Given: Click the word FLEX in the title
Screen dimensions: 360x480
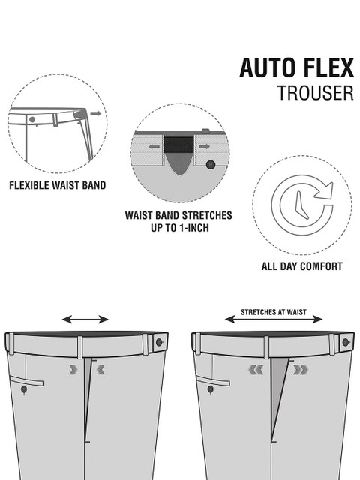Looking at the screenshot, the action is click(x=328, y=67).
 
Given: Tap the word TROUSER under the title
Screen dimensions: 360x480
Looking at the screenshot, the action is click(x=315, y=93).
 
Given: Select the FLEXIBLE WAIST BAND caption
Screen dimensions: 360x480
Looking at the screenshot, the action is click(x=58, y=185).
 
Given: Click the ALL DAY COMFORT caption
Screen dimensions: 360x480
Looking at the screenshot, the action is click(x=301, y=266).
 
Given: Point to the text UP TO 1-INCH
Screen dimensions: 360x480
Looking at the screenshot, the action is click(x=180, y=228).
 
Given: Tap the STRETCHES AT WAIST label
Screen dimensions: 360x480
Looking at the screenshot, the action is click(x=273, y=312).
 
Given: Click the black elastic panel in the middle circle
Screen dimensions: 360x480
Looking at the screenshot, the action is click(x=178, y=145).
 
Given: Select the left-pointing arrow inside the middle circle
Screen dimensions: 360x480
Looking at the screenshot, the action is click(x=154, y=147).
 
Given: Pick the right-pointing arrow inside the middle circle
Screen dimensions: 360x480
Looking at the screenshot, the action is click(x=204, y=147).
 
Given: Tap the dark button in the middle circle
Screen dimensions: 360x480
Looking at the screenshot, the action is click(x=210, y=165).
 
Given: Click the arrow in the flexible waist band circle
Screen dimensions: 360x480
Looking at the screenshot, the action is click(x=96, y=113).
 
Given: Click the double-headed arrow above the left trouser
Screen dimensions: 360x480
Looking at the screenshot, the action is click(x=85, y=319).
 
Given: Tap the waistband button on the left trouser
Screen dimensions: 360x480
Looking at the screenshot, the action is click(x=159, y=342).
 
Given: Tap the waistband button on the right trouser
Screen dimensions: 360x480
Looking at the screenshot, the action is click(x=346, y=342).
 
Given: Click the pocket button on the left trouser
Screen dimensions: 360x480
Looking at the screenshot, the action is click(x=24, y=389).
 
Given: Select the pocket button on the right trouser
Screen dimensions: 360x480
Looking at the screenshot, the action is click(x=211, y=389).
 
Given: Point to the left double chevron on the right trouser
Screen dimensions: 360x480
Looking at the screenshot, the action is click(x=256, y=370).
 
